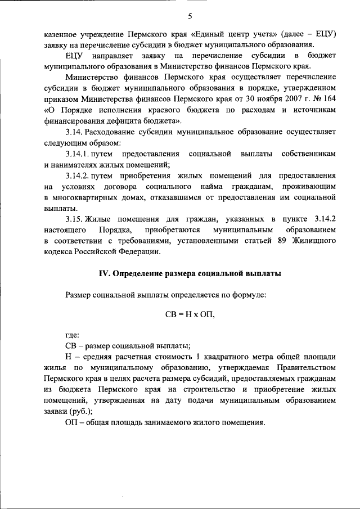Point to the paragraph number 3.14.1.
point(79,154)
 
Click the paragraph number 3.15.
point(75,219)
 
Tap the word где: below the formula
point(73,335)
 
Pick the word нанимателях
point(78,165)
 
